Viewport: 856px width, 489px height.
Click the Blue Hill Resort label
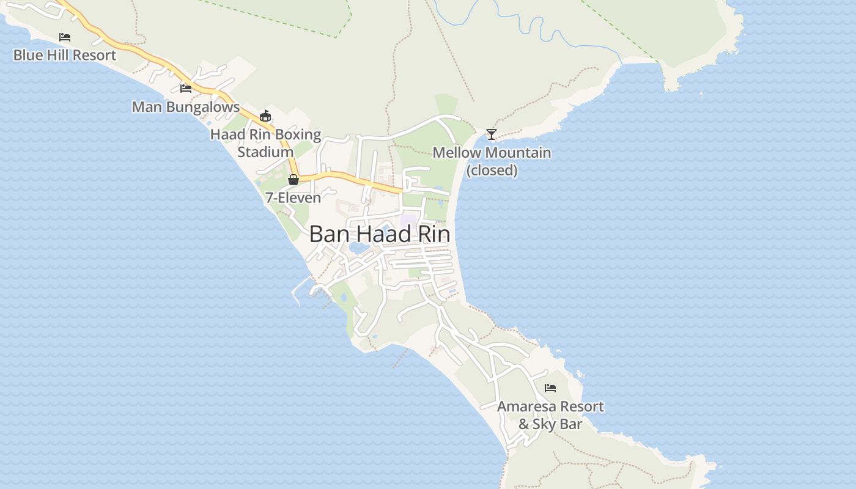pyautogui.click(x=64, y=55)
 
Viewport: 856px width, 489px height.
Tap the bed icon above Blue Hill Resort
pyautogui.click(x=64, y=37)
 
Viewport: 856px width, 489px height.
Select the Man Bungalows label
pyautogui.click(x=186, y=107)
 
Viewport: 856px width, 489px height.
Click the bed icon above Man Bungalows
pyautogui.click(x=186, y=89)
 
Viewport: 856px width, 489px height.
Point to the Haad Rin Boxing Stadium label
pyautogui.click(x=265, y=143)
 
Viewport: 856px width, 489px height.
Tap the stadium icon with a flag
pyautogui.click(x=265, y=116)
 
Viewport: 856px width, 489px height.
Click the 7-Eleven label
pyautogui.click(x=293, y=197)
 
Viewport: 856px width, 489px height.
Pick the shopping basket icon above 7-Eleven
pyautogui.click(x=293, y=180)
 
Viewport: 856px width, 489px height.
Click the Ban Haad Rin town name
pyautogui.click(x=380, y=234)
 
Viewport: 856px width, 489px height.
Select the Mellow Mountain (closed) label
pyautogui.click(x=492, y=161)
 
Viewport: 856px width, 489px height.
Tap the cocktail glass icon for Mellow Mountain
pyautogui.click(x=491, y=134)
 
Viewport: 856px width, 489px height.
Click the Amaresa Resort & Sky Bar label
pyautogui.click(x=550, y=415)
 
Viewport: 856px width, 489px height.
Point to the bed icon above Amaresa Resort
pyautogui.click(x=550, y=388)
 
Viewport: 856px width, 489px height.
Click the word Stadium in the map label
pyautogui.click(x=265, y=152)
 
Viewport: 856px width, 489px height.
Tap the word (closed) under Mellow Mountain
pyautogui.click(x=492, y=170)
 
